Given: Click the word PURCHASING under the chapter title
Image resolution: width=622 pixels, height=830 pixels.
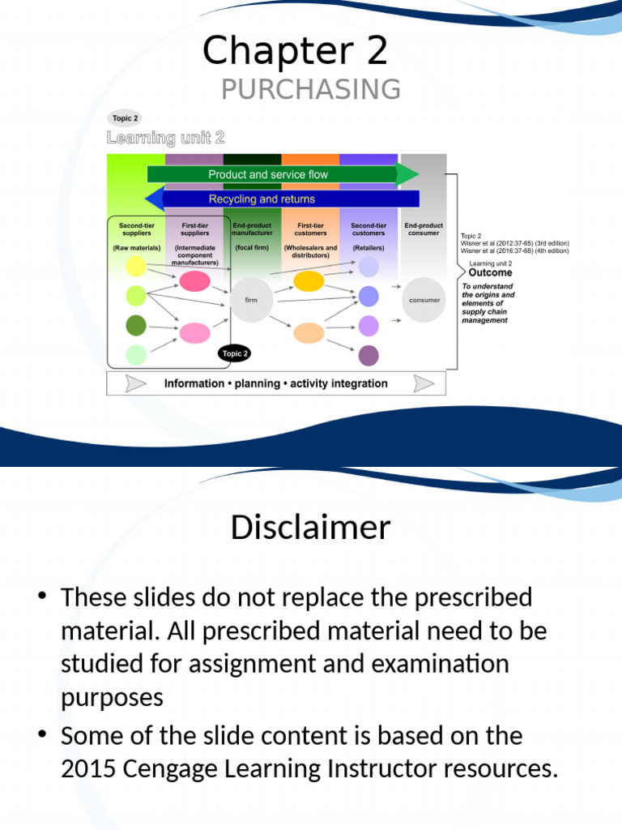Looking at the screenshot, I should [311, 89].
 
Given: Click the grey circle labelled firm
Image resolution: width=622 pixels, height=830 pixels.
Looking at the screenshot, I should [251, 300].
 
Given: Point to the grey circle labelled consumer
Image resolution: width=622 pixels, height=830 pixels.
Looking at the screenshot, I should [424, 300].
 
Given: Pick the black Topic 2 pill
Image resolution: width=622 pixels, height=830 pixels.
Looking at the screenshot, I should [235, 353].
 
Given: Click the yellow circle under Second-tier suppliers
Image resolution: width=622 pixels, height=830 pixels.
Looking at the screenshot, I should [136, 266].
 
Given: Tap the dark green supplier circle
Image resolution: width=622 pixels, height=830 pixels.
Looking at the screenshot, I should [136, 325].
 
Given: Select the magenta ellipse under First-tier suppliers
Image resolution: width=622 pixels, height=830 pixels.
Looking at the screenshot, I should [194, 281].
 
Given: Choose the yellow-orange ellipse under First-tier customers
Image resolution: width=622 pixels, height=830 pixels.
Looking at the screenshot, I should [309, 281].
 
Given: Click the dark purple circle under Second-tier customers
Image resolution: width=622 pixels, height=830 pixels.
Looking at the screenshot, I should [369, 355].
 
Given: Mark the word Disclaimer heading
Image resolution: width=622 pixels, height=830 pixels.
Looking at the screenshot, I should [311, 528].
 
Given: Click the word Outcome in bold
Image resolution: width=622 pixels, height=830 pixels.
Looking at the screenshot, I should [491, 273].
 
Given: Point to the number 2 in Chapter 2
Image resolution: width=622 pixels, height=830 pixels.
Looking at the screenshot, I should [377, 51].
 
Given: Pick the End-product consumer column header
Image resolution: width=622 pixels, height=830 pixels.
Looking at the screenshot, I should [424, 229].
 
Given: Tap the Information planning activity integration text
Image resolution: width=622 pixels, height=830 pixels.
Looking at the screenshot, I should [275, 383].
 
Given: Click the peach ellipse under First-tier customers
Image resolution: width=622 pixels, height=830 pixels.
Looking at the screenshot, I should [309, 332].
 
